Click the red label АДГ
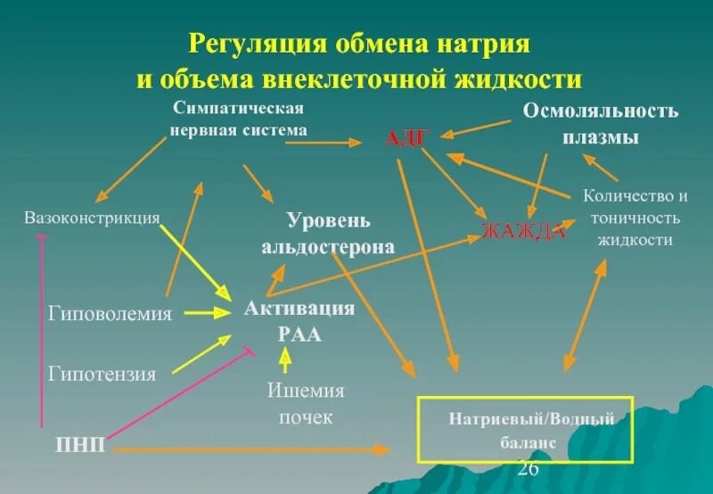(408, 138)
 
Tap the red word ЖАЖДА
(523, 232)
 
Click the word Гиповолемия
(111, 313)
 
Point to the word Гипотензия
(102, 374)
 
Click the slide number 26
(528, 469)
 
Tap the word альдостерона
(327, 247)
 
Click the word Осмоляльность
(600, 111)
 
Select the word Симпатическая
(239, 108)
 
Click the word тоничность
(635, 218)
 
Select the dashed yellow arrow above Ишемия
(285, 359)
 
